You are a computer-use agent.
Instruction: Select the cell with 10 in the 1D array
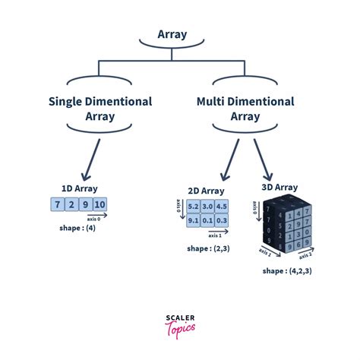coord(100,204)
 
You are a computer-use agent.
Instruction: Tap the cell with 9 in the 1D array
coord(85,204)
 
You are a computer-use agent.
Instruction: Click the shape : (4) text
coord(78,227)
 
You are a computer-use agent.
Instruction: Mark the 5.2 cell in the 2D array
coord(193,207)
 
